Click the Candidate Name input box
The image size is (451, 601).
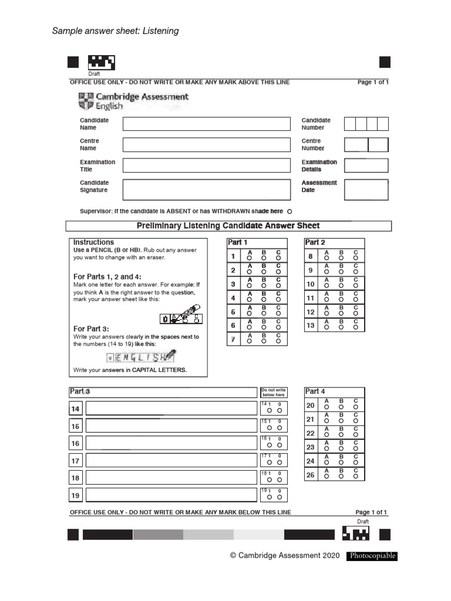pos(206,124)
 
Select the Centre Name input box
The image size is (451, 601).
pos(206,144)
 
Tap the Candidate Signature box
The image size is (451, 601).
pos(206,190)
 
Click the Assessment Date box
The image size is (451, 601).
pos(366,190)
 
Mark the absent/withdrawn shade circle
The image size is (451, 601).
pos(290,211)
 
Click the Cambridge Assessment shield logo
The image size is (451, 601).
pos(85,101)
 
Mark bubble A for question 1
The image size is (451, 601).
pos(250,258)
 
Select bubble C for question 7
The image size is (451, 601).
pos(278,340)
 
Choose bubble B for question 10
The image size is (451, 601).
pos(341,285)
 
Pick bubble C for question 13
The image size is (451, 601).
pos(355,327)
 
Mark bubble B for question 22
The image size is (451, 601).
pos(341,434)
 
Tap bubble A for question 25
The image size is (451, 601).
pos(326,477)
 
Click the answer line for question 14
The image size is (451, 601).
pos(171,408)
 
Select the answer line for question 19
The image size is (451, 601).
pos(171,496)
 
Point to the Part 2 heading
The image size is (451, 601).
pos(315,242)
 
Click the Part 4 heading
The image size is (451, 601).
pos(315,391)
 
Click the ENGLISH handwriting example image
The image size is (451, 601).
pos(141,356)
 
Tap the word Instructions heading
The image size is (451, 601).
pos(93,242)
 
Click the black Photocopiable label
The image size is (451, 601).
pos(372,556)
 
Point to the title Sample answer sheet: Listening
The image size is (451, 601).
pos(115,31)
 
